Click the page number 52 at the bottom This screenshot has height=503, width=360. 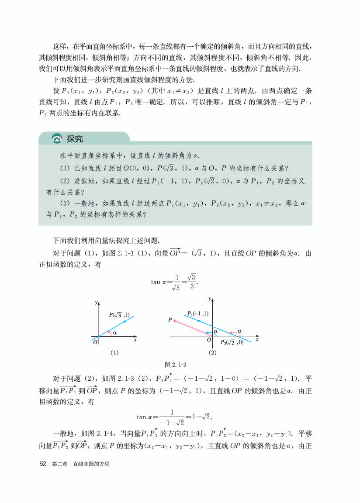tap(43, 464)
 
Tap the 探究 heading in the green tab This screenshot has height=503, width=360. tap(75, 139)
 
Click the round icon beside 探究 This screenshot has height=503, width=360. tap(57, 139)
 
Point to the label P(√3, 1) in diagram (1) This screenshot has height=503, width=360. tap(119, 315)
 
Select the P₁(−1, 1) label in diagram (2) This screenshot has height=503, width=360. tap(198, 314)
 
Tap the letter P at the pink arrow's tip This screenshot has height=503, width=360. tap(170, 320)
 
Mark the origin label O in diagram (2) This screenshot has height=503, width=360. tap(209, 340)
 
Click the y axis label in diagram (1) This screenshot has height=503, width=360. tap(95, 302)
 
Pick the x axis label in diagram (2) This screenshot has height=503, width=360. tap(257, 339)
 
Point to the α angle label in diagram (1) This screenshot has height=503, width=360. tap(114, 333)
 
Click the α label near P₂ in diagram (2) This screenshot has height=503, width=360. tap(239, 331)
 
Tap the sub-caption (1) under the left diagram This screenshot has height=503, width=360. tap(114, 352)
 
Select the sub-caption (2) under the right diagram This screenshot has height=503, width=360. tap(213, 352)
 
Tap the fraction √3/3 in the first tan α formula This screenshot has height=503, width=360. tap(192, 282)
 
